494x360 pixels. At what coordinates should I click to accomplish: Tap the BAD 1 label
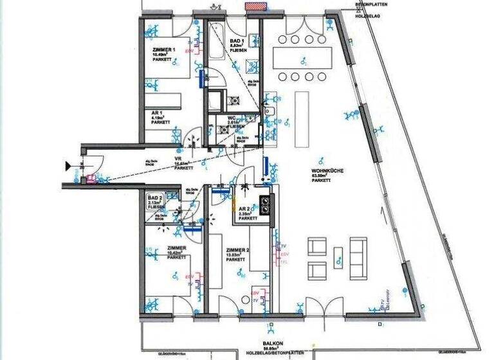click(x=237, y=41)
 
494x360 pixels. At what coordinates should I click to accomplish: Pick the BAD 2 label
click(x=155, y=197)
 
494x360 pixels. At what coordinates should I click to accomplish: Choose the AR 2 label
click(x=244, y=210)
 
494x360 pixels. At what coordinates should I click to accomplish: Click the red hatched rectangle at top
click(x=255, y=5)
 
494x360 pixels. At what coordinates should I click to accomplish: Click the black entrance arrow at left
click(x=67, y=166)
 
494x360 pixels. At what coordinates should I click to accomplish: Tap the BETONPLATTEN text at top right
click(x=372, y=4)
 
